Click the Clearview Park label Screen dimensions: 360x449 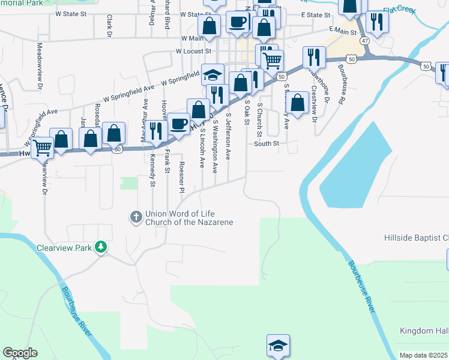(64, 247)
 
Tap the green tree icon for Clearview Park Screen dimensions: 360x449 (102, 247)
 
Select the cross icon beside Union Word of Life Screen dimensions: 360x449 (136, 216)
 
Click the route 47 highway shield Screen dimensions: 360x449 (366, 40)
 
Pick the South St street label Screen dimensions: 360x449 (267, 143)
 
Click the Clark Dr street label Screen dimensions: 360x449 (109, 27)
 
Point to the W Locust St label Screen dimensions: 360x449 (196, 52)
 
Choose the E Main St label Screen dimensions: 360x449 (343, 29)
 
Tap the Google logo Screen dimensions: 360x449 (20, 353)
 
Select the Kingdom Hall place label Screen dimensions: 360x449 (424, 331)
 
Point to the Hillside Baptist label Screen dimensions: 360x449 (416, 238)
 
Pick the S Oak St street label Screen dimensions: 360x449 (246, 113)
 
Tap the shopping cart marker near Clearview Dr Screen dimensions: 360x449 (42, 146)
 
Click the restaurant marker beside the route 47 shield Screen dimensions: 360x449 (378, 22)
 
